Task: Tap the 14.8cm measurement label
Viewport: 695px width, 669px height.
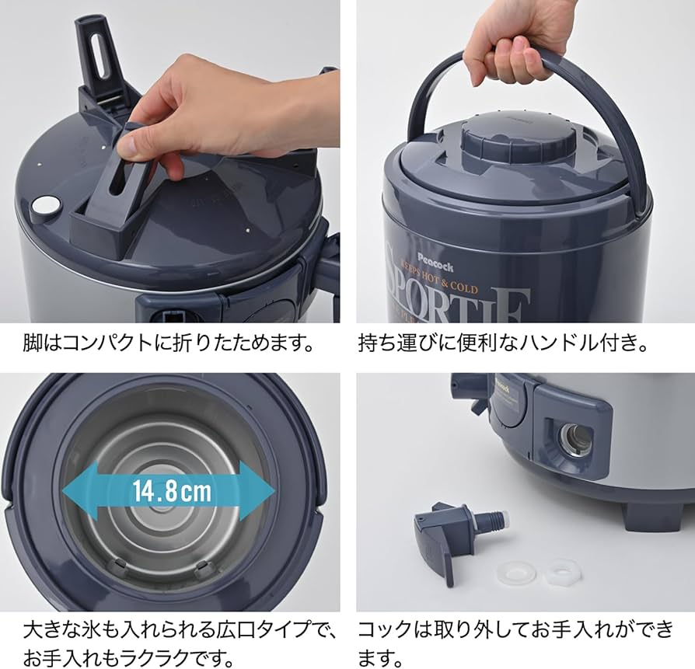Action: coord(170,490)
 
